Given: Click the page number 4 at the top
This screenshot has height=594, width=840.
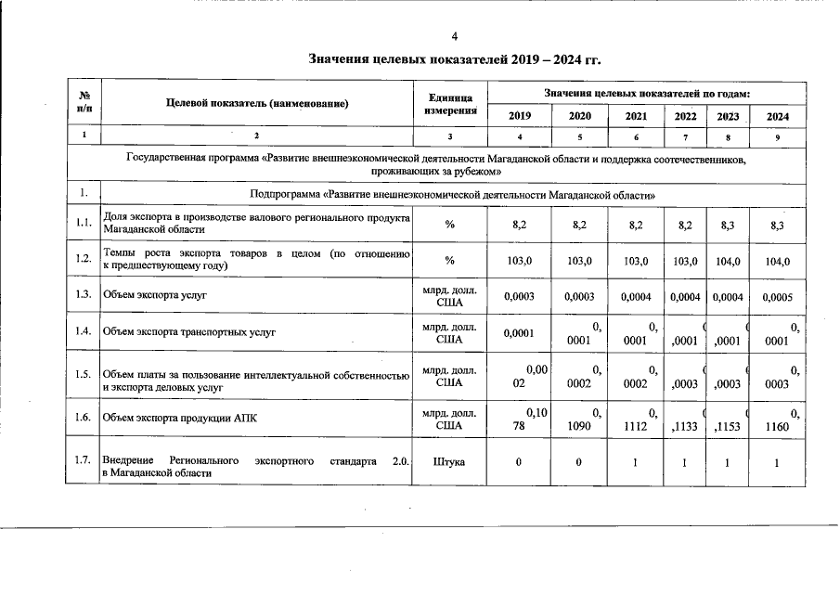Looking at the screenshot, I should click(455, 37).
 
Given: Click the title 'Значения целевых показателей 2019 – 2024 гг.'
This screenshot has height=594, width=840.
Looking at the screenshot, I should click(455, 60).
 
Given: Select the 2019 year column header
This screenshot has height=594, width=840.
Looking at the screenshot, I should click(521, 116).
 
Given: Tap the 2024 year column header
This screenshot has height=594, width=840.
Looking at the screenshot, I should click(778, 116).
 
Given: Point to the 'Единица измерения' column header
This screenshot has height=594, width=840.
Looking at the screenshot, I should click(450, 104).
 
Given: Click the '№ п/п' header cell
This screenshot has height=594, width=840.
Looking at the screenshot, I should click(84, 104).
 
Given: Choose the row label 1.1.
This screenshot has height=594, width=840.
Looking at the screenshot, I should click(84, 224).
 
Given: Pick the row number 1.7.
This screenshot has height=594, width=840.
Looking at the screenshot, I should click(84, 461).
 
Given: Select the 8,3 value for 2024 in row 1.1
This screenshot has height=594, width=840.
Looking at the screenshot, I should click(778, 225).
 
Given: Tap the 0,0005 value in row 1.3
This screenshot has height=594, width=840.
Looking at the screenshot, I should click(778, 297).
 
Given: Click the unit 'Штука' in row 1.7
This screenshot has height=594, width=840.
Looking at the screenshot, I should click(450, 461).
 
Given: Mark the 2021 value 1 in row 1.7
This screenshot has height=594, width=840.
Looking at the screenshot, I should click(636, 461).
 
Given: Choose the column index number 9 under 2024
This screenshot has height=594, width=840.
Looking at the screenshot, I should click(778, 137).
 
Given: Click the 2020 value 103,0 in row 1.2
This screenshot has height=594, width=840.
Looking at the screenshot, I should click(579, 262).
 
